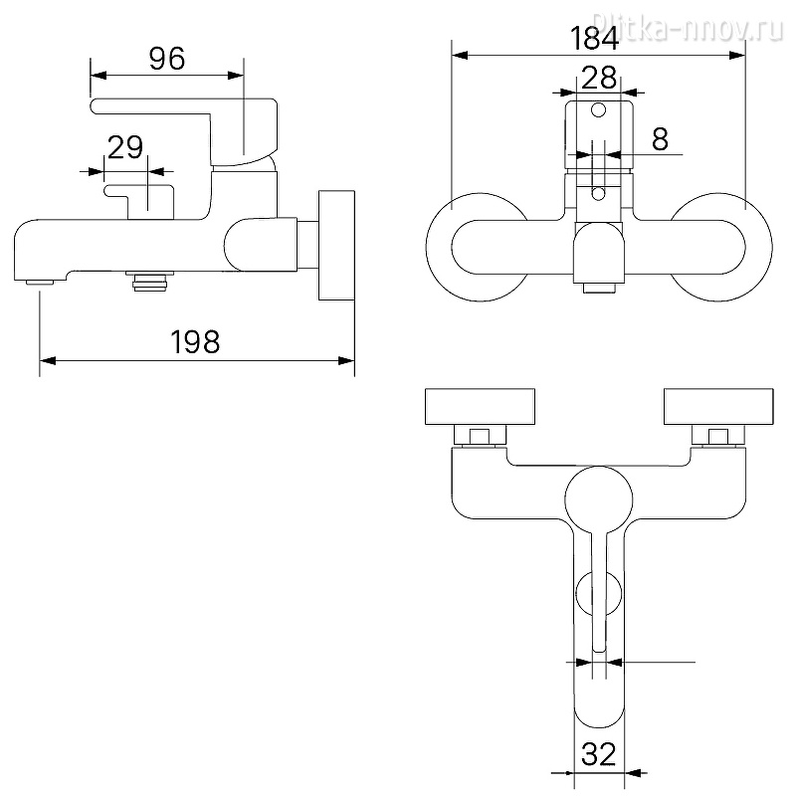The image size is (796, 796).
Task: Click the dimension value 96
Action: click(x=167, y=59)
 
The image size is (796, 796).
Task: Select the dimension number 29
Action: click(x=125, y=147)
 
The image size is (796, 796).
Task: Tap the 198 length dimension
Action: click(x=195, y=341)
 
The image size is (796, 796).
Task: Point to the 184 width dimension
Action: click(x=594, y=38)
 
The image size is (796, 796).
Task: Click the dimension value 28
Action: click(x=599, y=78)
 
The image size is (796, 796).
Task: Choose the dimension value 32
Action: click(x=599, y=754)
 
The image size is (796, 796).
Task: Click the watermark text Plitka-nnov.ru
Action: click(x=688, y=26)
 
